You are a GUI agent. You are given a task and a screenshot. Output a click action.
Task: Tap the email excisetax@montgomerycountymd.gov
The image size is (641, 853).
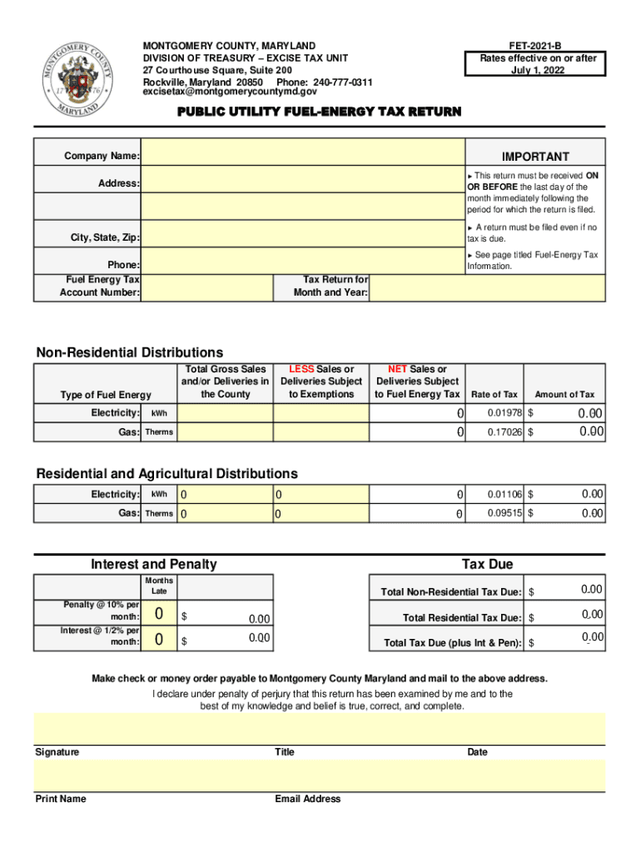click(x=230, y=93)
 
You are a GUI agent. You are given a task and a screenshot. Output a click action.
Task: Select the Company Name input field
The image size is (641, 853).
click(x=302, y=157)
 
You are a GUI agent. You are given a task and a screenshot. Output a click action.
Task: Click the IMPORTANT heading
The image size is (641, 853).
click(x=535, y=157)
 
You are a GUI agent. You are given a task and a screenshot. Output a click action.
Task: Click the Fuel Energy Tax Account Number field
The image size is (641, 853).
click(x=206, y=287)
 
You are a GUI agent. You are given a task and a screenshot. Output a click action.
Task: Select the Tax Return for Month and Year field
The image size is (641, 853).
click(x=488, y=287)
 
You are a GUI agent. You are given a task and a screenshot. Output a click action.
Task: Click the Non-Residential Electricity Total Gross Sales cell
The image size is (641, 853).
click(x=224, y=413)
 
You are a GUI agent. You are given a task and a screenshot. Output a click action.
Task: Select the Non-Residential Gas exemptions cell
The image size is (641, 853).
click(x=320, y=432)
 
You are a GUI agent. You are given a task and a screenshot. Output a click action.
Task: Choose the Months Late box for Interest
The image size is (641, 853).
click(x=158, y=640)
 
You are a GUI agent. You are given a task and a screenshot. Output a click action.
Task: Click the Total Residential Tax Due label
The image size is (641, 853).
click(x=462, y=618)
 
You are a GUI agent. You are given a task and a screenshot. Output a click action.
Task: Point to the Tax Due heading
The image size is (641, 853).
click(x=487, y=564)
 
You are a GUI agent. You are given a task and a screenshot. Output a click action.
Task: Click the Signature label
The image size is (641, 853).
click(x=57, y=752)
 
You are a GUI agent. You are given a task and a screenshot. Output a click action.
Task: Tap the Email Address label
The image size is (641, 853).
click(x=307, y=799)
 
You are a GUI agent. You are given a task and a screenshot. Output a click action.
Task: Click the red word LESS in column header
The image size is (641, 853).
click(x=301, y=369)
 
